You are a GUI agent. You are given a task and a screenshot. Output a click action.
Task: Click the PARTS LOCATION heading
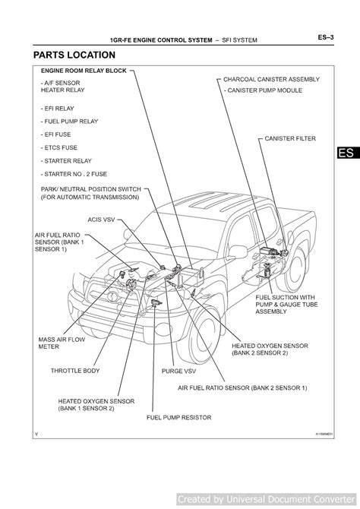coord(74,55)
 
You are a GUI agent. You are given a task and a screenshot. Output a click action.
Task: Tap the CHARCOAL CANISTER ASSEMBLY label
coord(271,79)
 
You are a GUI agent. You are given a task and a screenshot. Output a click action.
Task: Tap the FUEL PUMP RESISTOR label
coord(178,417)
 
